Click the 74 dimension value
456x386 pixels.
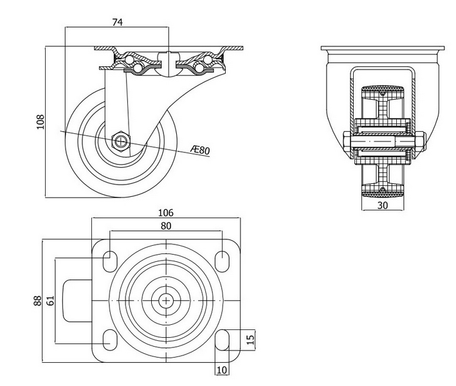[x=117, y=22]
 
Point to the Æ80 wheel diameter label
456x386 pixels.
[x=201, y=151]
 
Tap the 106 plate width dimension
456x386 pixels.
[x=165, y=213]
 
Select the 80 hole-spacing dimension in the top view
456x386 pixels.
[x=165, y=226]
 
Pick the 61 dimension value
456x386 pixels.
[x=50, y=299]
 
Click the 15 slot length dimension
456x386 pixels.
[x=251, y=338]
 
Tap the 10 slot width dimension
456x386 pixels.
[x=223, y=370]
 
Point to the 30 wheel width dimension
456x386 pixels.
[x=382, y=205]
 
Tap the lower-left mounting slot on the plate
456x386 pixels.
[x=109, y=339]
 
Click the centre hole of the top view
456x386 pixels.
[x=166, y=300]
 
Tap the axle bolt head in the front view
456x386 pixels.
[x=347, y=143]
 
